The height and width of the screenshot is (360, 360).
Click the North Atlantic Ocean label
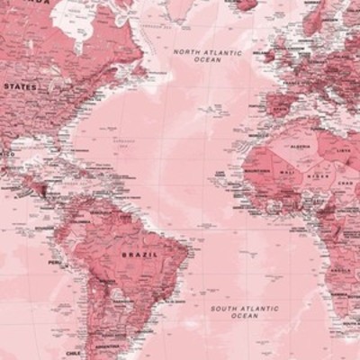tap(208, 56)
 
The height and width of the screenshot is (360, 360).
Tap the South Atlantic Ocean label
tap(245, 311)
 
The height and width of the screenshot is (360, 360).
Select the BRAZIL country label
tap(139, 256)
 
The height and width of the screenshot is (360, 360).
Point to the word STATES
tap(20, 86)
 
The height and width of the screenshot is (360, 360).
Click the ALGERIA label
tap(300, 145)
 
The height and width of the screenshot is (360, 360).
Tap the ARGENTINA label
tap(107, 346)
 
